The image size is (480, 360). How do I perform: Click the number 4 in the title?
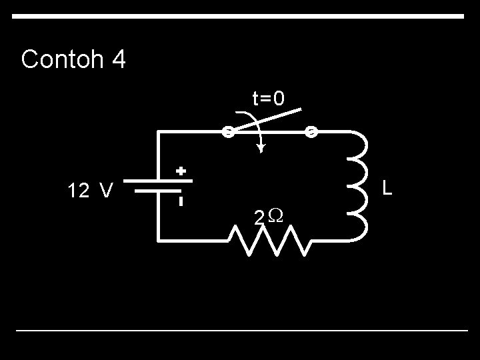coord(119,59)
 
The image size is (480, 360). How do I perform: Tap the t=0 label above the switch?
coord(268,99)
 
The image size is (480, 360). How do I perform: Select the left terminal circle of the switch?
coord(227,131)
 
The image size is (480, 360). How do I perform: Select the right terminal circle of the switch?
coord(311,131)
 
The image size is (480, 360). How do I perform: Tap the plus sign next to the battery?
coord(180,171)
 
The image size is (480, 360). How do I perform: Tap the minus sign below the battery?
coord(181,200)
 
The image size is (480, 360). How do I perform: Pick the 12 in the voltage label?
coord(77,192)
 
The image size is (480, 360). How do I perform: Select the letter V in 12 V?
coord(105,192)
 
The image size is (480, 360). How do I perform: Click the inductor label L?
coord(387,189)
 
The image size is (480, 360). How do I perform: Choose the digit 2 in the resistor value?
coord(259,217)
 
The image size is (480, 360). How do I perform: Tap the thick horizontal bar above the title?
coord(239,16)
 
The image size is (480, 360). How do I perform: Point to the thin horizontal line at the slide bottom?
coord(241,330)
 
